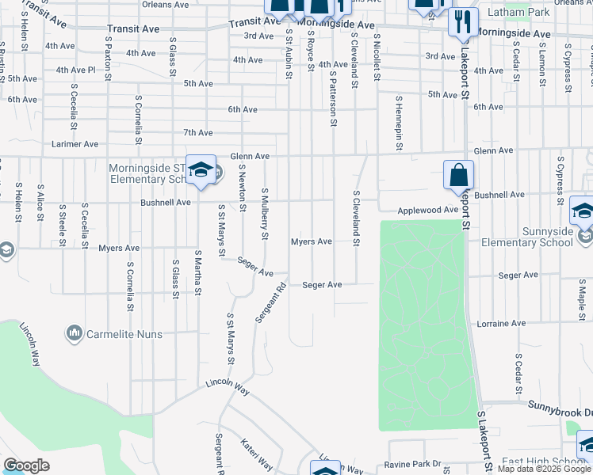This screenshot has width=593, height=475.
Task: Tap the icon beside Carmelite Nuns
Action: pos(75,333)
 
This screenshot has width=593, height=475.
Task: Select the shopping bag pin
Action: pos(459,175)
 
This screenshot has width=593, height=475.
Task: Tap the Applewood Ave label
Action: pos(428,210)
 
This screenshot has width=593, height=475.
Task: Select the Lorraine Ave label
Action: pos(501,324)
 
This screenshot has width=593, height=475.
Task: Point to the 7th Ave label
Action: pos(198,132)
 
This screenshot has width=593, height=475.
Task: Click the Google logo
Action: pos(27,465)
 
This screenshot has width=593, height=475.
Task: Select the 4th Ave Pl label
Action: pos(75,70)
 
